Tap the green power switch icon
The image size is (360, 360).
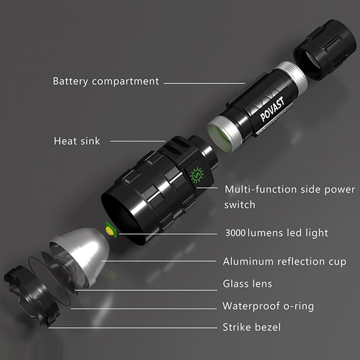(x=197, y=175)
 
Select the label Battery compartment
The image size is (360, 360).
(x=106, y=81)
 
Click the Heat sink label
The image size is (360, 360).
(x=77, y=141)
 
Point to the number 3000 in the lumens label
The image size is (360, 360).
(x=236, y=233)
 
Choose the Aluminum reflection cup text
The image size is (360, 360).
(x=284, y=261)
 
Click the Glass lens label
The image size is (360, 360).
(x=247, y=284)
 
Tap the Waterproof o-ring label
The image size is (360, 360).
(x=268, y=306)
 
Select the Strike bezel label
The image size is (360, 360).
(x=252, y=327)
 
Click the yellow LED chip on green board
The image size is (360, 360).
(x=109, y=230)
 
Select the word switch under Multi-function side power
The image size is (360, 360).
(x=240, y=204)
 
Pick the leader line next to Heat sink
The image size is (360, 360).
(x=138, y=141)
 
